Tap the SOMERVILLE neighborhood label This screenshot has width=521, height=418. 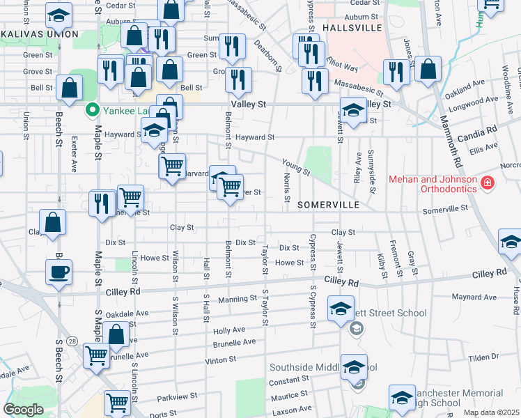[x=328, y=205]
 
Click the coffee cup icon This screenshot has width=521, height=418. [x=59, y=271]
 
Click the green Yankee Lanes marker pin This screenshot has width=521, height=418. [x=91, y=110]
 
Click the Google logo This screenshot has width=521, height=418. [x=23, y=410]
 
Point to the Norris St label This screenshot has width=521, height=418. [x=286, y=188]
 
